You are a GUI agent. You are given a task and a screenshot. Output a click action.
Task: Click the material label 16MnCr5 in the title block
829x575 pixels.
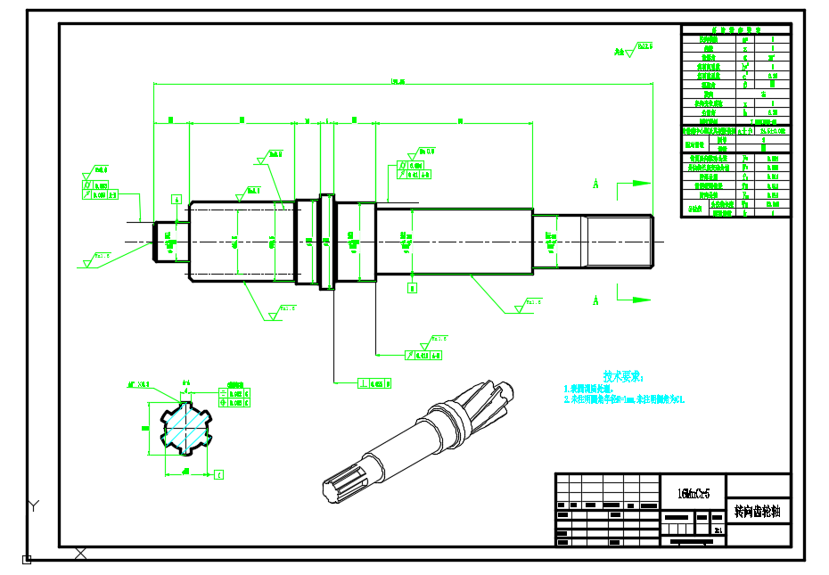tap(694, 493)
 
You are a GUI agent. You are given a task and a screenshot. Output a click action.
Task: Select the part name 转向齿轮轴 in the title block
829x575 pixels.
tap(758, 512)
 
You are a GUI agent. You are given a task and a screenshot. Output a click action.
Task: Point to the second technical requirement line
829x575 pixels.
tap(624, 400)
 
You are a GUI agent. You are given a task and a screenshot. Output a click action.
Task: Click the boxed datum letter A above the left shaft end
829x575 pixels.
tap(176, 199)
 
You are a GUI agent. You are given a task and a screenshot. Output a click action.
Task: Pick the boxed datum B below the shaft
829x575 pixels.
tap(412, 288)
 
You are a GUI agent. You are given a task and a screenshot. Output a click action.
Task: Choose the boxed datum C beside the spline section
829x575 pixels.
tap(219, 473)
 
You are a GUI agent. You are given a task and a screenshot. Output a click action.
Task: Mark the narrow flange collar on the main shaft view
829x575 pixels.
tap(326, 241)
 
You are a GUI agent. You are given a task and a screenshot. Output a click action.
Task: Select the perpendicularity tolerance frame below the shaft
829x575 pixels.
tap(375, 383)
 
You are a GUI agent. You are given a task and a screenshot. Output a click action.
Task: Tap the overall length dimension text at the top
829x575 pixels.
tap(398, 82)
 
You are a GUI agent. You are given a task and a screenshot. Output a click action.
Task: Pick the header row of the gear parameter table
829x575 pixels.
tap(735, 29)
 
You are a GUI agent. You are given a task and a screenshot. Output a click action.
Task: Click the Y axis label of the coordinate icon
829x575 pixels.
tap(33, 506)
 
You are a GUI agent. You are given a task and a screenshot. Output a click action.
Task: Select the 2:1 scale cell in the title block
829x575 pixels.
tap(718, 530)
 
